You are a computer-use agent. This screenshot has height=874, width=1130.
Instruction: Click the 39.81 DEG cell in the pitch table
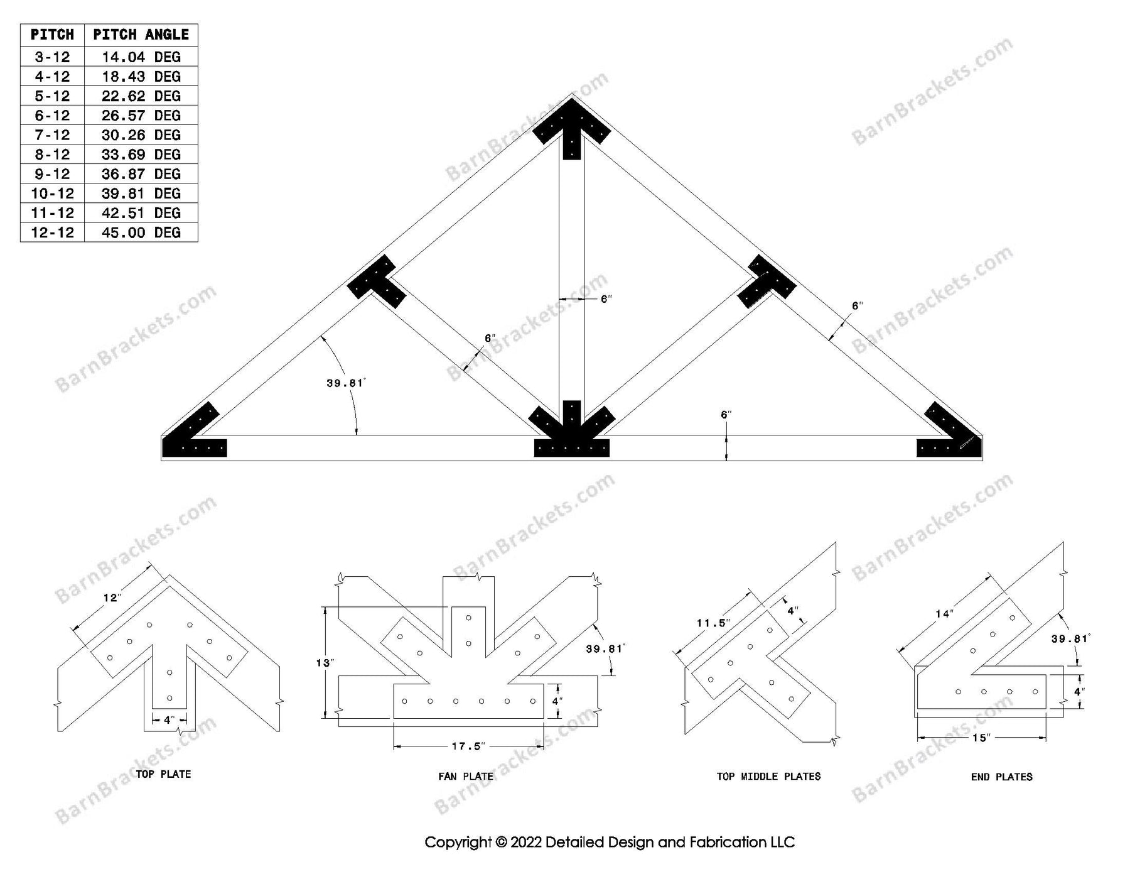[x=141, y=194]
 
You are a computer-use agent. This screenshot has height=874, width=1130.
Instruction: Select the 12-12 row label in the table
[x=52, y=232]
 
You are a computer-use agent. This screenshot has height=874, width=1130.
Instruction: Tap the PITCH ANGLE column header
[x=141, y=35]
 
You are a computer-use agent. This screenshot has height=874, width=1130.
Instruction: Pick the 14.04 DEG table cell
[x=141, y=57]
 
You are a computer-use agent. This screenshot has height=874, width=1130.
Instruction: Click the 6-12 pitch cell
[x=52, y=116]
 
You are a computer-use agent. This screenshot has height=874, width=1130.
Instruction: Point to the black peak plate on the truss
[x=571, y=130]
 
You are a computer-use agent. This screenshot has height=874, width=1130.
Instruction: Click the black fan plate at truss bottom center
[x=571, y=434]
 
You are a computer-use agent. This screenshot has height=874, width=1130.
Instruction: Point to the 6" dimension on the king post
[x=605, y=299]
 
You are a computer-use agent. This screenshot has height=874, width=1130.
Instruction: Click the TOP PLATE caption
[x=163, y=774]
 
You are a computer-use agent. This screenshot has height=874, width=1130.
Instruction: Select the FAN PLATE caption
[x=465, y=777]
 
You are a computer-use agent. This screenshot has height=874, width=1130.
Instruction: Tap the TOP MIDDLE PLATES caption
[x=768, y=777]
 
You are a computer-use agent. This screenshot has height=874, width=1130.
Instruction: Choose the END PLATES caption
[x=1001, y=777]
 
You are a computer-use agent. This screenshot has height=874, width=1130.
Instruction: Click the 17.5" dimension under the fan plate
[x=468, y=746]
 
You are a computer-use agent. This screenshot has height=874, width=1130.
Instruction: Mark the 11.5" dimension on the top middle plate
[x=713, y=623]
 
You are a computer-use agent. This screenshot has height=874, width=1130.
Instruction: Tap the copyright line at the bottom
[x=609, y=842]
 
